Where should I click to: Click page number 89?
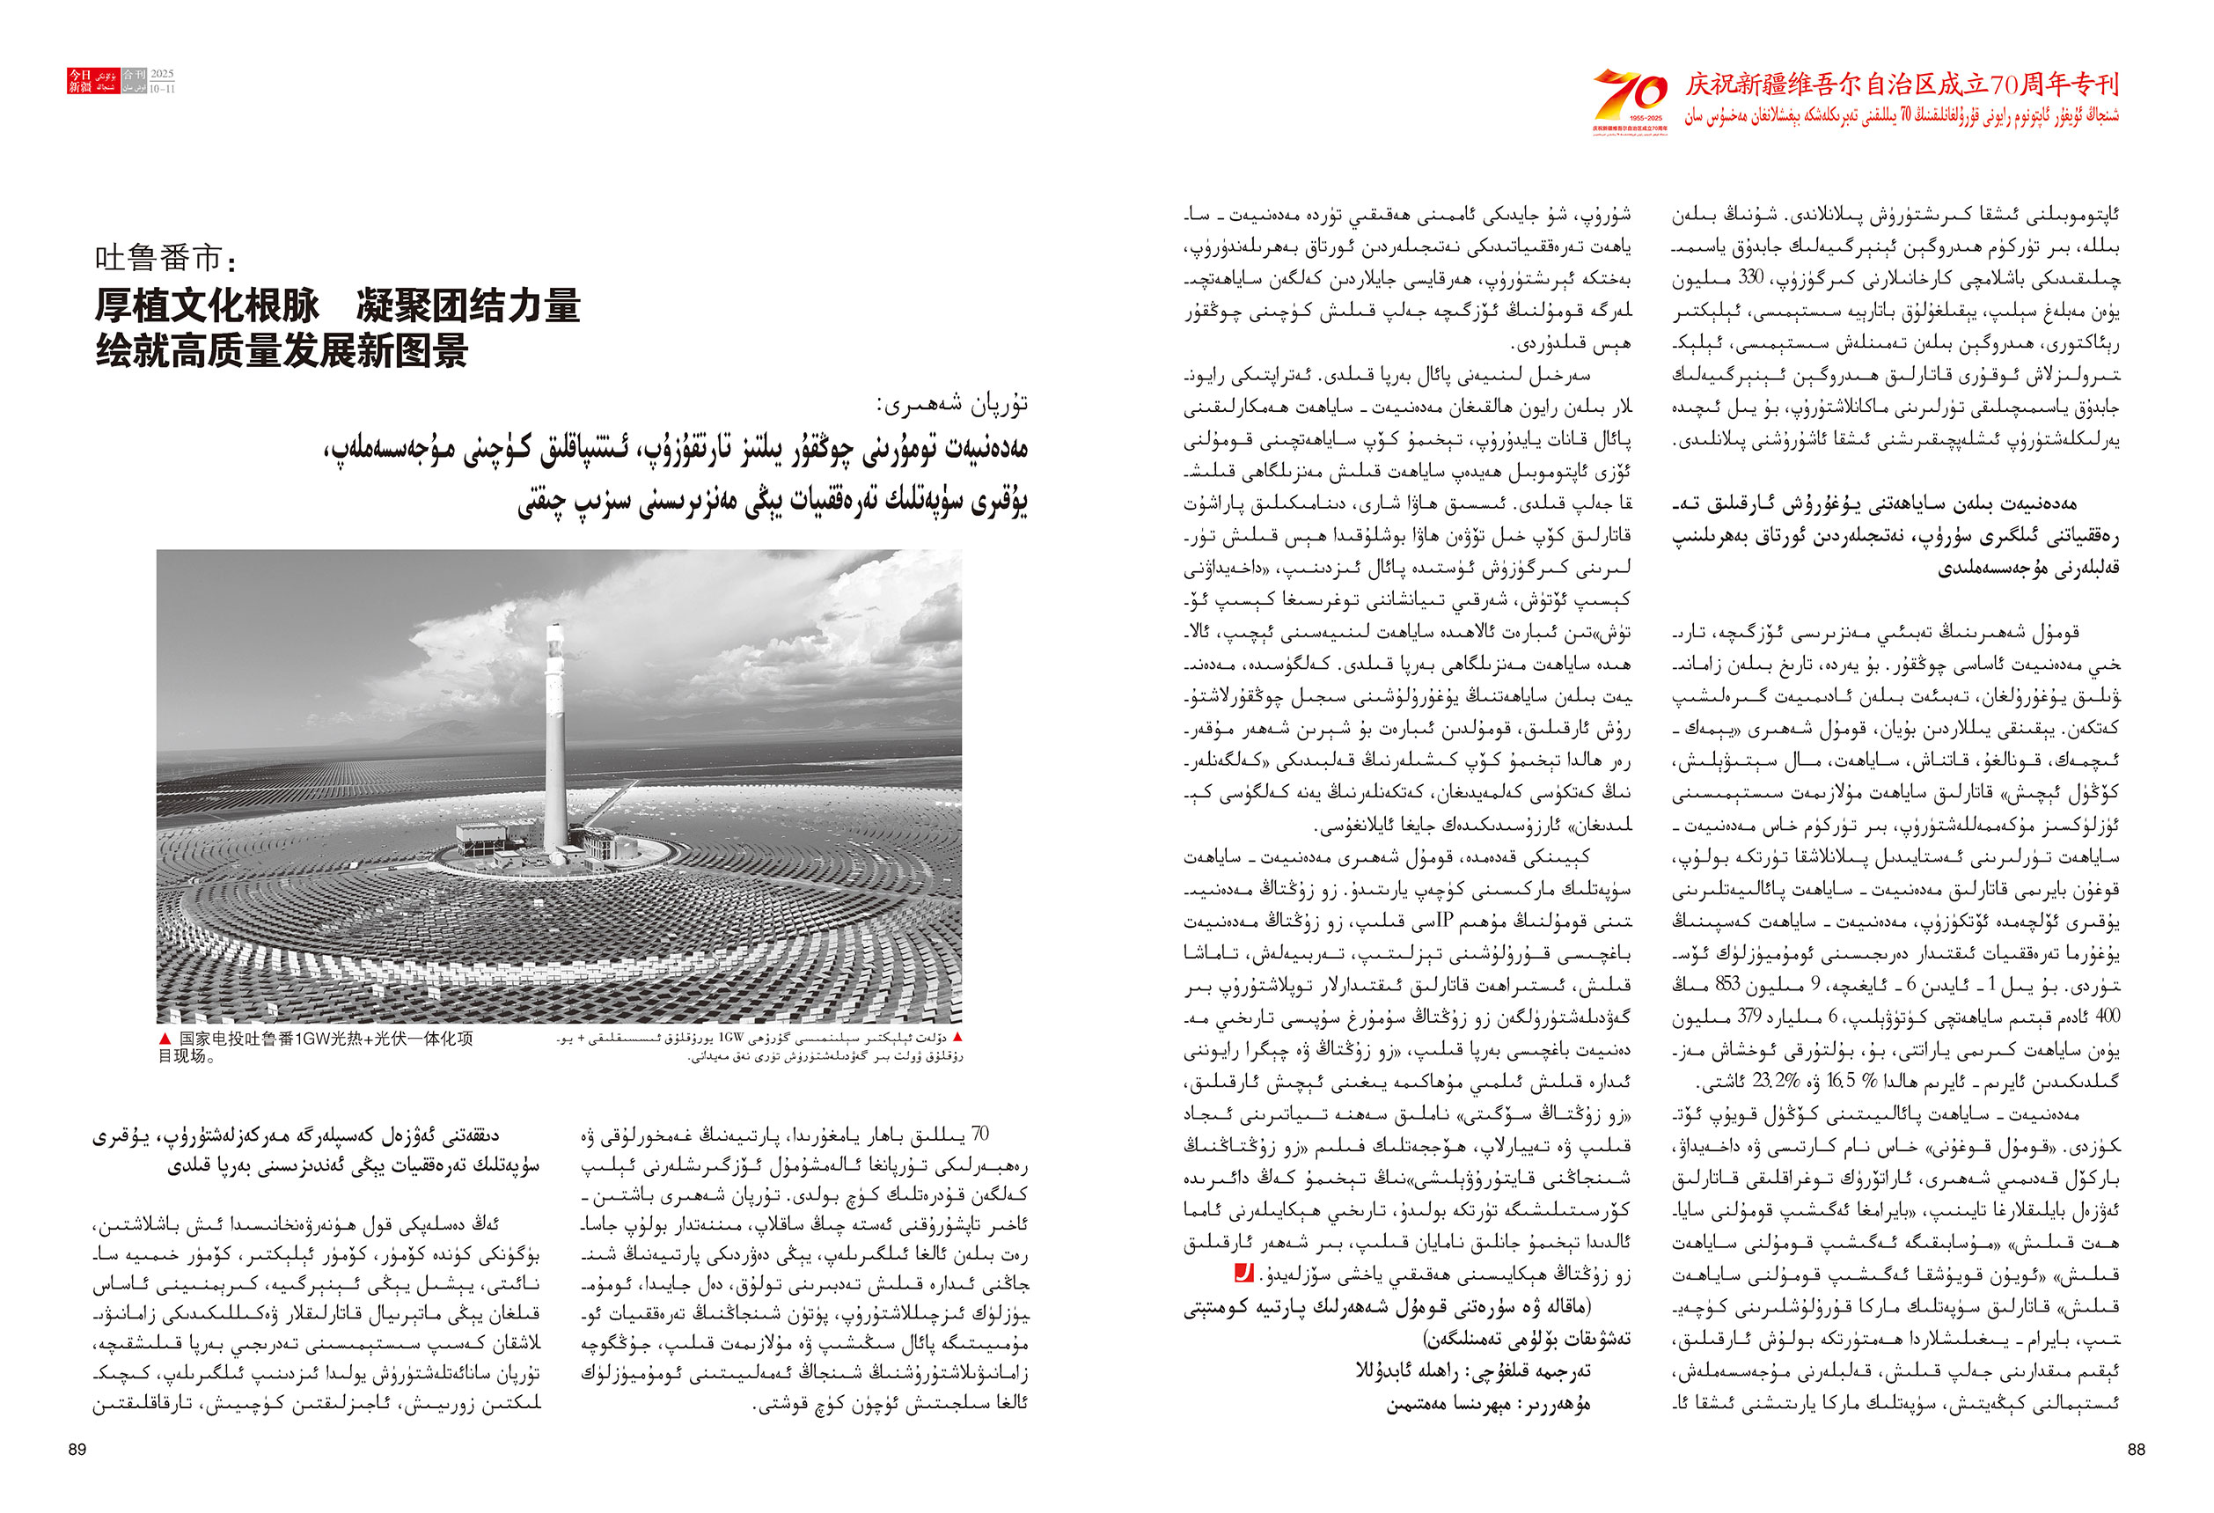(x=77, y=1449)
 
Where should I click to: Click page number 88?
(x=2136, y=1449)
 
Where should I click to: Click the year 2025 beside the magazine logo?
(x=162, y=74)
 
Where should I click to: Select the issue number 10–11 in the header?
(x=162, y=89)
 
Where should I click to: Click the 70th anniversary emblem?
(x=1630, y=100)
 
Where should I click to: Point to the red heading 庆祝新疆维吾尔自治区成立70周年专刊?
(x=1902, y=84)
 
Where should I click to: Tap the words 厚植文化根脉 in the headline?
(x=207, y=305)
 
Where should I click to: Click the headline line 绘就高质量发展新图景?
(x=282, y=350)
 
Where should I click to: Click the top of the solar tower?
(x=553, y=632)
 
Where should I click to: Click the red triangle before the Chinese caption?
(x=165, y=1039)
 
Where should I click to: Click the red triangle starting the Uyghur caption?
(x=957, y=1037)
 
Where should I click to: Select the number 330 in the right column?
(x=1750, y=278)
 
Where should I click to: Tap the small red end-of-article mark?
(x=1243, y=1273)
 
